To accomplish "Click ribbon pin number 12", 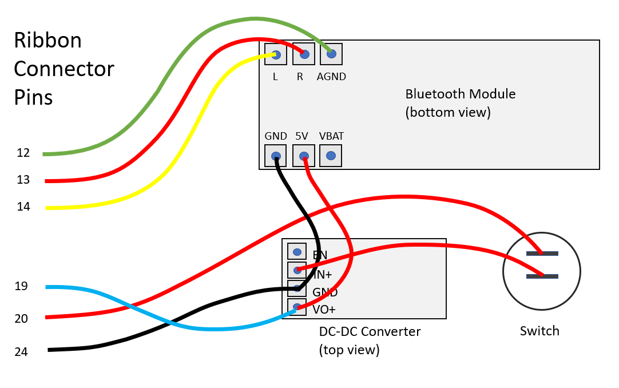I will click(x=23, y=153).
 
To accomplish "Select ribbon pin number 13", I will click(x=23, y=180).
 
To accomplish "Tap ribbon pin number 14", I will click(x=23, y=207).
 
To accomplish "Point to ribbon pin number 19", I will click(x=21, y=286).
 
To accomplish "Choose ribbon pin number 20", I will click(x=21, y=318).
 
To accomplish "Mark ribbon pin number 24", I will click(x=21, y=352).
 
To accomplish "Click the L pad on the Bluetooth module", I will click(x=276, y=54).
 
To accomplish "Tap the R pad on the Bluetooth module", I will click(x=304, y=54).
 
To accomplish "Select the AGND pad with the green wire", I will click(x=331, y=54).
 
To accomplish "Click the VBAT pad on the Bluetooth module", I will click(x=331, y=156).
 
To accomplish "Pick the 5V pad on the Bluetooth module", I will click(x=303, y=156).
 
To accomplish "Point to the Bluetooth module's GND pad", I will click(x=276, y=156).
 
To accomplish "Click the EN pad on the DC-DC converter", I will click(x=297, y=252).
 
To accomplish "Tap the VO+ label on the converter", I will click(x=324, y=310).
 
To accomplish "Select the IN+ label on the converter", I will click(x=323, y=275).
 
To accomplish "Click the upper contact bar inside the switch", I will click(x=542, y=253).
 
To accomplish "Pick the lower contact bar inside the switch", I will click(x=542, y=276).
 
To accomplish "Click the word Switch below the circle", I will click(x=539, y=331).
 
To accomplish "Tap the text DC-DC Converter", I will click(x=370, y=331).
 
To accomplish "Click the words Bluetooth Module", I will click(x=460, y=94).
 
